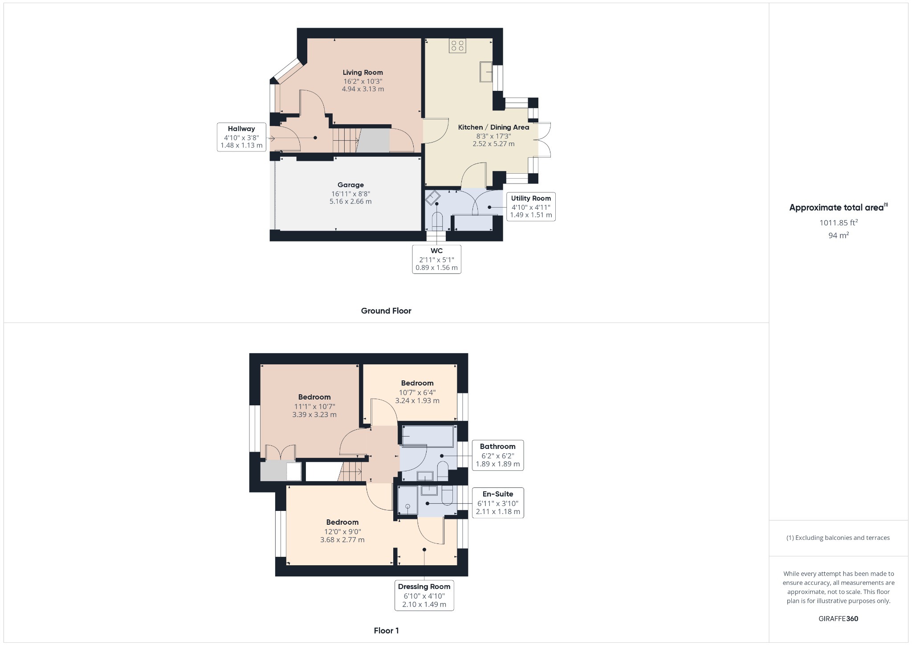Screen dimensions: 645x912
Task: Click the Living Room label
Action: click(362, 73)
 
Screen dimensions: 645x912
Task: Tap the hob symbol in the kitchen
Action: click(457, 45)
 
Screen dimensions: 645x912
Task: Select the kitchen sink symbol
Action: click(486, 72)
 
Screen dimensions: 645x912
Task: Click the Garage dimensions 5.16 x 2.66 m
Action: click(350, 201)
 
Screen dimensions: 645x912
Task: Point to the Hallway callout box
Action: click(241, 137)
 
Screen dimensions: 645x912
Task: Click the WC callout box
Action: click(436, 259)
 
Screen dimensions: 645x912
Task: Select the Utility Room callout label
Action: click(531, 199)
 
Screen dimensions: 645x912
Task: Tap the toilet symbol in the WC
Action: click(437, 221)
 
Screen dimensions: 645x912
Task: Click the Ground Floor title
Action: click(386, 311)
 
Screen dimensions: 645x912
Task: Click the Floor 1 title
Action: click(386, 631)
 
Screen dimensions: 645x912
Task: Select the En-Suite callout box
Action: click(498, 503)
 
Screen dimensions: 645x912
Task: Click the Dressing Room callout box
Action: click(424, 596)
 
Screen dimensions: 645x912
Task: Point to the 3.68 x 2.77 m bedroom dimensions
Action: click(342, 540)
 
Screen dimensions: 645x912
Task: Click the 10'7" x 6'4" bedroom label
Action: click(417, 392)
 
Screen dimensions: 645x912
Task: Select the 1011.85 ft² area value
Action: click(839, 223)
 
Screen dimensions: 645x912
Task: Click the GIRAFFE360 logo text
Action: click(838, 619)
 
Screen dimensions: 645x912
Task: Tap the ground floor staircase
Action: click(346, 140)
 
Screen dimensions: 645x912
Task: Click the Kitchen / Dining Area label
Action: click(493, 127)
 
